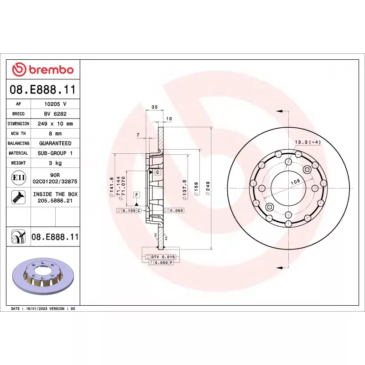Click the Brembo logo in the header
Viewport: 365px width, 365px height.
pyautogui.click(x=42, y=69)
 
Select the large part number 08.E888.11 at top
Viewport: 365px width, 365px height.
pyautogui.click(x=42, y=89)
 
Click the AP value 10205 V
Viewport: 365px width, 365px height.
pyautogui.click(x=55, y=104)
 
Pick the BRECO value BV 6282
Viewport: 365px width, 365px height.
pyautogui.click(x=55, y=114)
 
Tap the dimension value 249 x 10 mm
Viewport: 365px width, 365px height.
pyautogui.click(x=55, y=124)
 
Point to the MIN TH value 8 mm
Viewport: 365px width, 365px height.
pyautogui.click(x=55, y=134)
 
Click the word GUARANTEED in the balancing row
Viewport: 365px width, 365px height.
pyautogui.click(x=55, y=143)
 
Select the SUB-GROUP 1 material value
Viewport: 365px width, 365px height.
pyautogui.click(x=55, y=153)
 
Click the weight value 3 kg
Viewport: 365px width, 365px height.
pyautogui.click(x=55, y=163)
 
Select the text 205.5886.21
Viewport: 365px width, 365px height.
pyautogui.click(x=55, y=201)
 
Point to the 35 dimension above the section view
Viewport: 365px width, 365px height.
pyautogui.click(x=154, y=107)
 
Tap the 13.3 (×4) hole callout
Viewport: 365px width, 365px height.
pyautogui.click(x=308, y=142)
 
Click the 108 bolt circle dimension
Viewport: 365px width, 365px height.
pyautogui.click(x=295, y=181)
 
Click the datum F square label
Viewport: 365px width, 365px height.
pyautogui.click(x=136, y=195)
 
